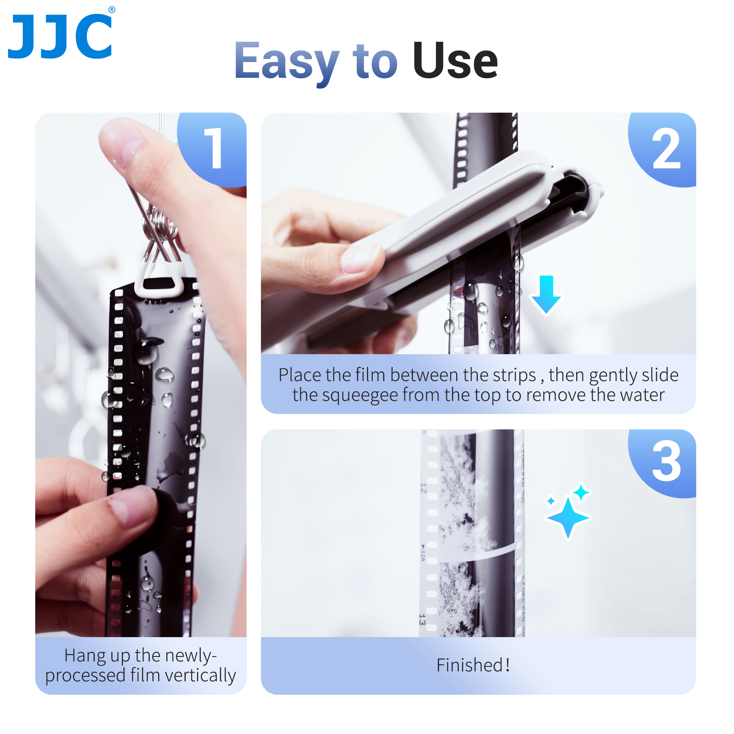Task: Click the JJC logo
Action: coord(60,36)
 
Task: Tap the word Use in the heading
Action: coord(455,61)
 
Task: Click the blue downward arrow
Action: coord(546,294)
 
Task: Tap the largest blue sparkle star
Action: coord(568,517)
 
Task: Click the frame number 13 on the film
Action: coord(422,619)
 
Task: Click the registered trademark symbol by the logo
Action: coord(112,10)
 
